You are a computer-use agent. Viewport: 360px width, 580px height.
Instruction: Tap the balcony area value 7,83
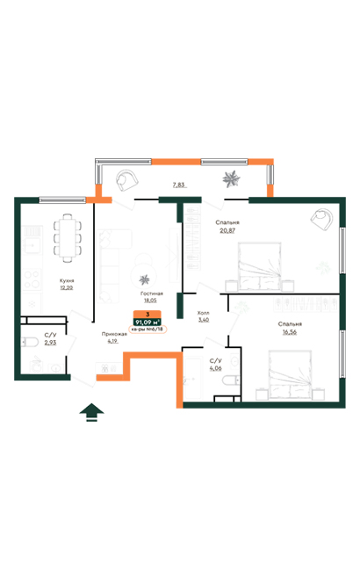(178, 185)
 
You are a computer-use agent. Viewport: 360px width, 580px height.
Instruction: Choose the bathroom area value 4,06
(215, 368)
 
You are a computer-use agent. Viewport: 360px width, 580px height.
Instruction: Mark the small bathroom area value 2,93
(51, 344)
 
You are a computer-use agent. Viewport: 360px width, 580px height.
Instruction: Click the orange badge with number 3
(148, 313)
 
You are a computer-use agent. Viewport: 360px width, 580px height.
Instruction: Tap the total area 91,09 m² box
(148, 322)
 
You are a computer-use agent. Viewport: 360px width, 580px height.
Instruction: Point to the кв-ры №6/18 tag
(148, 330)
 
